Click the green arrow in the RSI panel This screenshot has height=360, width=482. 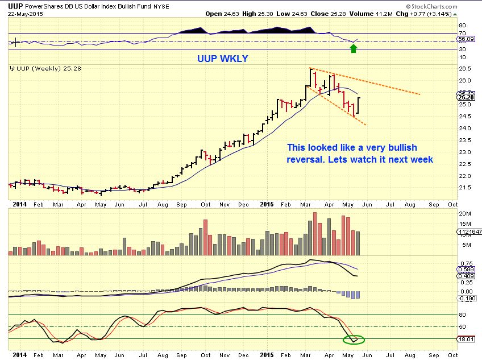pyautogui.click(x=353, y=49)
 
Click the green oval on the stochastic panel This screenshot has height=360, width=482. pyautogui.click(x=353, y=340)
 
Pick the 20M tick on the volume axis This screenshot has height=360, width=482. pyautogui.click(x=464, y=213)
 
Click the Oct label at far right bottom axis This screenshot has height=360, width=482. pyautogui.click(x=453, y=354)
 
